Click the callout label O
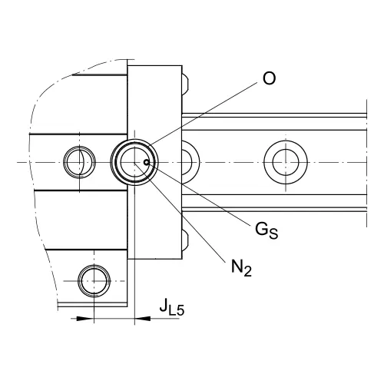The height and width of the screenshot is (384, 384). coord(269,78)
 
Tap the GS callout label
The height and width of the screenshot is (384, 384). coord(266,230)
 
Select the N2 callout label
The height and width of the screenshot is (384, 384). coord(241,268)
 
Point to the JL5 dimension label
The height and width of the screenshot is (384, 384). coord(172,306)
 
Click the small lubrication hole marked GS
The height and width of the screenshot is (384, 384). coord(147,162)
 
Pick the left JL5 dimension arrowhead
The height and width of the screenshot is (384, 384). coord(84,319)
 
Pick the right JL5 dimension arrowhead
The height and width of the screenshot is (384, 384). coord(143,319)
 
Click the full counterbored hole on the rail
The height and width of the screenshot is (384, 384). coord(286,162)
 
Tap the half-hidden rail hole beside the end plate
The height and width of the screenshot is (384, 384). coord(190,162)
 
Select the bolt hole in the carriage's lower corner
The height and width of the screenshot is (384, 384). coord(94,281)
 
